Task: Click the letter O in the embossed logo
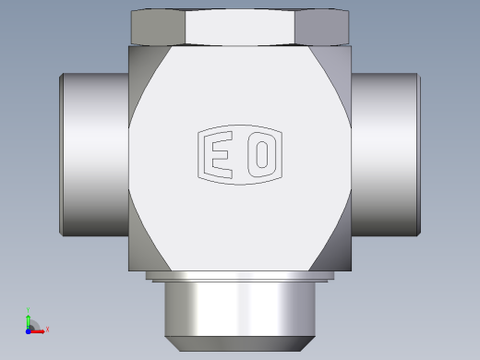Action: (x=261, y=155)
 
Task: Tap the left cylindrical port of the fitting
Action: (x=94, y=155)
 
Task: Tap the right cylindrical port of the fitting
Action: (x=386, y=155)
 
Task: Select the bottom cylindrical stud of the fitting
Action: (x=240, y=309)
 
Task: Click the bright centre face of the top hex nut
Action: (x=240, y=27)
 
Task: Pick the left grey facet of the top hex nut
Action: (x=158, y=27)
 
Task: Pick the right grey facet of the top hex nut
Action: (x=322, y=27)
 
